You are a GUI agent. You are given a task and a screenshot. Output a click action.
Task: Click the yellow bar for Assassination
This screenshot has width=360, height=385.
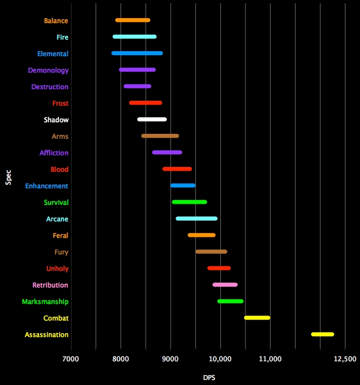pyautogui.click(x=323, y=334)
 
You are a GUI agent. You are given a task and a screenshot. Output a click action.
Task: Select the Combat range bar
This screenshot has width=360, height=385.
pyautogui.click(x=257, y=318)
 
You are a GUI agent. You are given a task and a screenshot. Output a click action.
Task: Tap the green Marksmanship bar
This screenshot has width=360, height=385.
pyautogui.click(x=230, y=301)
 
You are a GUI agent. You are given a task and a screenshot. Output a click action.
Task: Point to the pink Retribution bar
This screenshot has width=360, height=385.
pyautogui.click(x=225, y=285)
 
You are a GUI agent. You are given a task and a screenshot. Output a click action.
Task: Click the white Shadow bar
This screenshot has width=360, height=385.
pyautogui.click(x=152, y=120)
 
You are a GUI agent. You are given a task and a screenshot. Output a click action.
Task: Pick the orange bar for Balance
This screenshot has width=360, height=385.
pyautogui.click(x=133, y=20)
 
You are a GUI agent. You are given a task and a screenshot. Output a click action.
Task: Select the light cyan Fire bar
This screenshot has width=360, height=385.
pyautogui.click(x=134, y=37)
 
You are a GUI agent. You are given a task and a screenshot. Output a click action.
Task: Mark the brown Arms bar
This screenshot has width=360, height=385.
pyautogui.click(x=160, y=136)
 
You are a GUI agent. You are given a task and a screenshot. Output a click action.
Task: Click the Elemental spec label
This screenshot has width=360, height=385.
pyautogui.click(x=53, y=54)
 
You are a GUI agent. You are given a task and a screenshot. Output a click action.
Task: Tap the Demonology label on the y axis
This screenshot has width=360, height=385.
pyautogui.click(x=48, y=71)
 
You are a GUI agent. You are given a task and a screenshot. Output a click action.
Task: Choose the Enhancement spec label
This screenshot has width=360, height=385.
pyautogui.click(x=46, y=186)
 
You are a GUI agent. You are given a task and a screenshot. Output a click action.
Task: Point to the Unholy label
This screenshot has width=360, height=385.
pyautogui.click(x=57, y=269)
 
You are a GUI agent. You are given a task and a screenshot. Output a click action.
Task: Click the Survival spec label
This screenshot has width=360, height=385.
pyautogui.click(x=56, y=203)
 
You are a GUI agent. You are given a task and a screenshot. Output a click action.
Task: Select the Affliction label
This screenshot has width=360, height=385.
pyautogui.click(x=54, y=153)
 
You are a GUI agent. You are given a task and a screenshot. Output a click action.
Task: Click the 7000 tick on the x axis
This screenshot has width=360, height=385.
pyautogui.click(x=71, y=359)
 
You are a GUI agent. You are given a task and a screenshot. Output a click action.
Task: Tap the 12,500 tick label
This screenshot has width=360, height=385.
pyautogui.click(x=345, y=359)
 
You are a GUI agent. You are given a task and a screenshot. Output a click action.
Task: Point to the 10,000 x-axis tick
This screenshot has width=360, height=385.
pyautogui.click(x=221, y=359)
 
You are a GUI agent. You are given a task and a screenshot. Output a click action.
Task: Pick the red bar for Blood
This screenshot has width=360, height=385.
pyautogui.click(x=177, y=169)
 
